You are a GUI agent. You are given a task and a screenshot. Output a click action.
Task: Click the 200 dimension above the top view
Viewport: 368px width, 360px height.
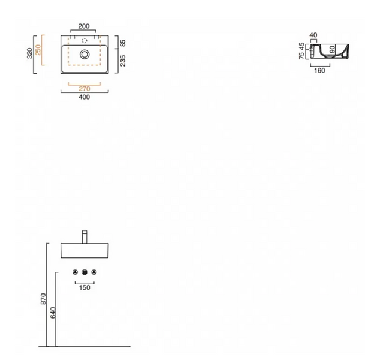(x=84, y=26)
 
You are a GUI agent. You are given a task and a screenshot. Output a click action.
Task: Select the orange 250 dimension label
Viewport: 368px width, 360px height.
(x=38, y=50)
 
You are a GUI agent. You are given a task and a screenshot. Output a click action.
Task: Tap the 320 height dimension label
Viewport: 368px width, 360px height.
(x=29, y=53)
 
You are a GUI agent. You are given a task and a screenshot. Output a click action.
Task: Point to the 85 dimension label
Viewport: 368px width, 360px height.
(x=123, y=43)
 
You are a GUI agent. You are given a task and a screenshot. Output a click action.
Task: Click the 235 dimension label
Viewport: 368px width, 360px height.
(x=123, y=61)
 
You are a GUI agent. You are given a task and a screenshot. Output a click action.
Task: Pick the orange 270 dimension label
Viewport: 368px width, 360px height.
(x=85, y=89)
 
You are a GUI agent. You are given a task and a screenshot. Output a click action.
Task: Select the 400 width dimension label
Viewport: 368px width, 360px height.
(x=85, y=97)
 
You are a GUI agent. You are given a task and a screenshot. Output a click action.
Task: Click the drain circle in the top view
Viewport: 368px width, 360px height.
(x=85, y=54)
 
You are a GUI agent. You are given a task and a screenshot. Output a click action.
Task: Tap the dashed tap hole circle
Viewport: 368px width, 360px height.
(x=85, y=41)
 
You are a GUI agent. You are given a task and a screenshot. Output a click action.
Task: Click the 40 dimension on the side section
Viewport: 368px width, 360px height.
(x=313, y=35)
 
